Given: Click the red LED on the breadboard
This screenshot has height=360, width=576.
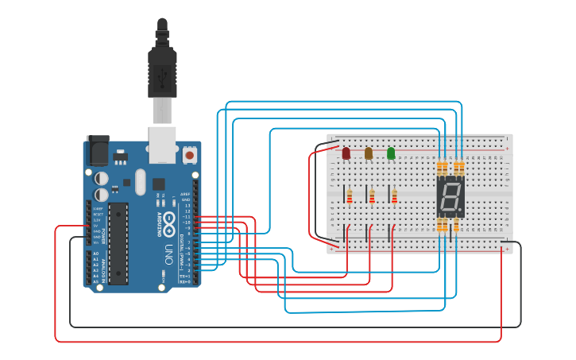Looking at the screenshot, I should click(x=346, y=153).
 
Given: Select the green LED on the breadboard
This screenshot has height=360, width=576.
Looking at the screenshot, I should click(x=391, y=153).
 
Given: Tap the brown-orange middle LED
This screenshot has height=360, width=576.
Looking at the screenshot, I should click(x=368, y=153).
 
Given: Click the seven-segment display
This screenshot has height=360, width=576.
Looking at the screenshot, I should click(x=450, y=196).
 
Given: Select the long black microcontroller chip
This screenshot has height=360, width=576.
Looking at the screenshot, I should click(x=118, y=243).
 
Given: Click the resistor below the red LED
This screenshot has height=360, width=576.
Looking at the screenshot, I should click(x=350, y=195).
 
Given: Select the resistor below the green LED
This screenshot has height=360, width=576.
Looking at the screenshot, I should click(x=394, y=195).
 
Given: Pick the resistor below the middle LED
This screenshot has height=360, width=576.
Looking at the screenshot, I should click(x=372, y=195).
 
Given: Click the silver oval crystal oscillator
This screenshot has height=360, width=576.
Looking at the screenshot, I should click(x=141, y=181).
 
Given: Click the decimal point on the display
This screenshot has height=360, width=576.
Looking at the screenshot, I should click(x=461, y=211).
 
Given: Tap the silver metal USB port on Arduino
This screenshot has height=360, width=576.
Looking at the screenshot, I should click(x=163, y=136).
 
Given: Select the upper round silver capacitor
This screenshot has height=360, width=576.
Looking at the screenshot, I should click(x=102, y=177).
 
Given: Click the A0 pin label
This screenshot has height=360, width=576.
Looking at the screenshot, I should click(x=95, y=254).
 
